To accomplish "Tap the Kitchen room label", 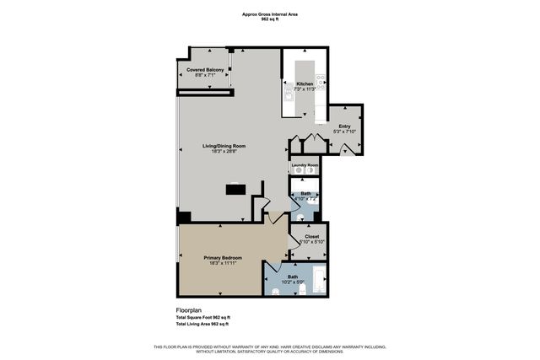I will [x=305, y=83].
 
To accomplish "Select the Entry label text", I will [x=344, y=126].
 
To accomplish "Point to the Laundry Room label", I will [x=305, y=164].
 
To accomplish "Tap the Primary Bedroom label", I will [x=223, y=257].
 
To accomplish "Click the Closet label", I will [x=310, y=237].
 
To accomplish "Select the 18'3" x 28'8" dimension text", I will [x=224, y=153].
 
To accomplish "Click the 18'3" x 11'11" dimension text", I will [x=223, y=263].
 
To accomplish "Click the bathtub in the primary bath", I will [x=318, y=281].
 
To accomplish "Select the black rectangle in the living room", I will [x=235, y=190].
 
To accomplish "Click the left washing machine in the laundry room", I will [x=299, y=171].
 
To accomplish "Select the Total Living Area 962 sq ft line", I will [x=202, y=324].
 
